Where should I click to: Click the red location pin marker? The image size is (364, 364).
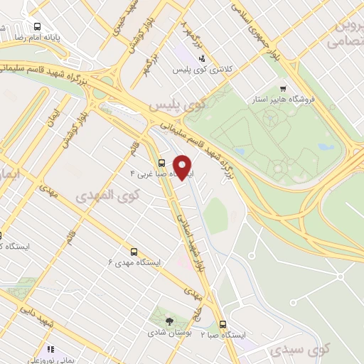[183, 168]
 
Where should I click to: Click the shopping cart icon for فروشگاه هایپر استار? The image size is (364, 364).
[284, 89]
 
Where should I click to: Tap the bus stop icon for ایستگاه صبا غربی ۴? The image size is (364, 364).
[161, 162]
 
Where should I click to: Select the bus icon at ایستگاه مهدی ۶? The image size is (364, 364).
[134, 252]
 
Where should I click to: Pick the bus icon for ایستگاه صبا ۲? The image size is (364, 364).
[223, 323]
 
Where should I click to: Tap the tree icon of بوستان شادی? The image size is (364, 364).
[168, 321]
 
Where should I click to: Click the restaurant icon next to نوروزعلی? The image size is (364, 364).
[50, 349]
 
